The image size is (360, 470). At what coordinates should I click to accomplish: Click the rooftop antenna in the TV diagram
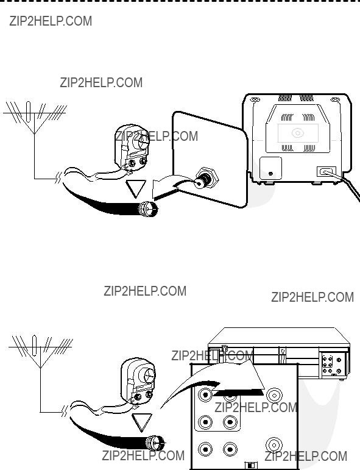[x=35, y=118]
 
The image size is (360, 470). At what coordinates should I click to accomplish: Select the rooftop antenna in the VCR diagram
[x=40, y=351]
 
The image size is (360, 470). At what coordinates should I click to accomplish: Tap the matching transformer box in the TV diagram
[x=132, y=148]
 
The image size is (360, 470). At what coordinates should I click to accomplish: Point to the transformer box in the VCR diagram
[x=138, y=381]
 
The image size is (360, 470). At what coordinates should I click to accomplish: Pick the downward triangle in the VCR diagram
[x=142, y=422]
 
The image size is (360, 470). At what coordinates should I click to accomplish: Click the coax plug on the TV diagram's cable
[x=148, y=208]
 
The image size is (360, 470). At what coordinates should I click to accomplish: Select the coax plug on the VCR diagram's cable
[x=155, y=443]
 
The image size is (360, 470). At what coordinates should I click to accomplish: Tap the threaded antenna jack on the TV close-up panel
[x=206, y=178]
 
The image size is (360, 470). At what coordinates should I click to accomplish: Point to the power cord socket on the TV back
[x=326, y=172]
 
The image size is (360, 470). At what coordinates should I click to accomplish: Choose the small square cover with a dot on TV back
[x=270, y=168]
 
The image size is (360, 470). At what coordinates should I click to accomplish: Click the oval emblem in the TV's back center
[x=298, y=133]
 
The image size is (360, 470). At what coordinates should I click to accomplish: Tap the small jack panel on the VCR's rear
[x=333, y=365]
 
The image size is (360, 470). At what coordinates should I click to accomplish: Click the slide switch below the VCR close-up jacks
[x=250, y=465]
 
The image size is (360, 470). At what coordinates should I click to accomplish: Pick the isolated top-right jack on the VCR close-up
[x=274, y=396]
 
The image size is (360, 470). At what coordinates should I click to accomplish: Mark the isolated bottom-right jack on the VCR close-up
[x=274, y=445]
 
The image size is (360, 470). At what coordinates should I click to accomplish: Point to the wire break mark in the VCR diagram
[x=65, y=411]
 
